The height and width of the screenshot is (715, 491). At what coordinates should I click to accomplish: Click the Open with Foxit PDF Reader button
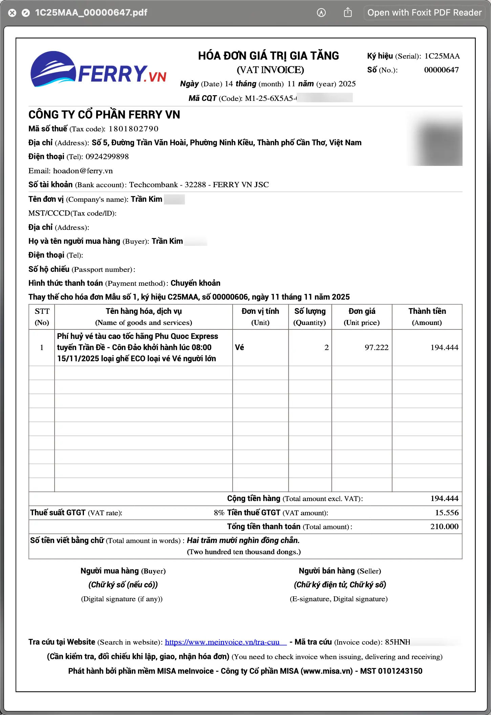click(424, 13)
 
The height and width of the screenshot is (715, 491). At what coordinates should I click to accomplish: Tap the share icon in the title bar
click(348, 13)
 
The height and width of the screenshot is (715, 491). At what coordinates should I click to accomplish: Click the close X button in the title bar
click(12, 13)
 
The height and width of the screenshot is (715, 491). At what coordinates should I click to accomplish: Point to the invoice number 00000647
click(441, 70)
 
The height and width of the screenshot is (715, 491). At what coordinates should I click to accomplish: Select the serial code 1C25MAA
click(442, 56)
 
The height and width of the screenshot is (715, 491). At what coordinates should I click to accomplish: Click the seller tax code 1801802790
click(133, 129)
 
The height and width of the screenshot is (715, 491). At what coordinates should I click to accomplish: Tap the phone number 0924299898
click(107, 157)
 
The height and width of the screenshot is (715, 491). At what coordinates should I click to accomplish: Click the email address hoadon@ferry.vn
click(83, 171)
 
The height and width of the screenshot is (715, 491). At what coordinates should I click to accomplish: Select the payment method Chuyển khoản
click(195, 283)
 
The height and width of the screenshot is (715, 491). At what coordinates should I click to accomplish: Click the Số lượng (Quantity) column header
click(309, 317)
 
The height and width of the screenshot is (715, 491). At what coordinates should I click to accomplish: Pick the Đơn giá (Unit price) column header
click(362, 317)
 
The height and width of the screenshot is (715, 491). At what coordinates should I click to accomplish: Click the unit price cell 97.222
click(376, 348)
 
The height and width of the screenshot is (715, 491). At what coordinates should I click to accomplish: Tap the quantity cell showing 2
click(326, 348)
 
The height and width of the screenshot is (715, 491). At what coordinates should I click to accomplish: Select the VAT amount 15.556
click(447, 513)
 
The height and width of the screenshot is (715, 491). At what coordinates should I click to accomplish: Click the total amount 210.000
click(444, 527)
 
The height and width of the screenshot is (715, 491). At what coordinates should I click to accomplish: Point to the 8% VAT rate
click(219, 513)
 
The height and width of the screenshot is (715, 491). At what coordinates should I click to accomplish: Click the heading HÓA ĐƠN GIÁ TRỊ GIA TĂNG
click(268, 56)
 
